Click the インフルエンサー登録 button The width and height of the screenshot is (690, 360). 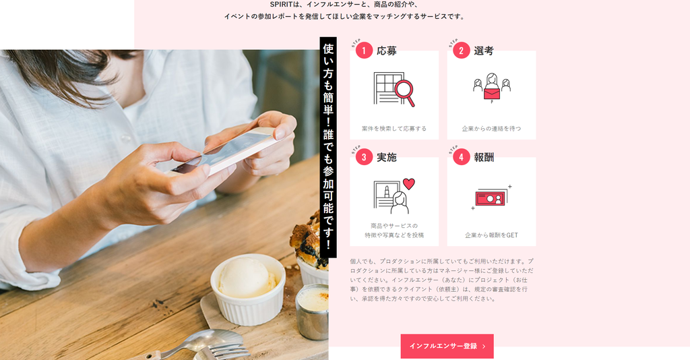point(447,346)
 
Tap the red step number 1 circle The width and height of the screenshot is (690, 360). point(364,50)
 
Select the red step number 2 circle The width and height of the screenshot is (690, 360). point(461,50)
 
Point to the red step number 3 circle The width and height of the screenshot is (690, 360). point(364,156)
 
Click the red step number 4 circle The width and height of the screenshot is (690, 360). point(461,156)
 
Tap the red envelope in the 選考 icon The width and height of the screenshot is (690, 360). point(491,93)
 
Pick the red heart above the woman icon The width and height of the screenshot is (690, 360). point(409,183)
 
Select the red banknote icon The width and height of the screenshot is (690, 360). point(491,199)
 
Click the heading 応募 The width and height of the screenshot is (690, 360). point(387,51)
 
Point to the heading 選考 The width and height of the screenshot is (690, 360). point(484,51)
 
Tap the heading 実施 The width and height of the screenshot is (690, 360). point(387,157)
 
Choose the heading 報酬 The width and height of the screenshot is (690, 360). point(484,157)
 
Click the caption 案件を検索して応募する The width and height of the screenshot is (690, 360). point(394,129)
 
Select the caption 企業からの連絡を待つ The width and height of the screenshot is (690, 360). point(491,129)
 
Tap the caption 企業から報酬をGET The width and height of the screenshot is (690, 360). point(491,235)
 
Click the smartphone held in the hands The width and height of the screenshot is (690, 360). point(225,152)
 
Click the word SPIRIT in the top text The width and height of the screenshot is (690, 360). point(281,5)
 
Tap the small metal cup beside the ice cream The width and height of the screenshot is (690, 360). point(312,311)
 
